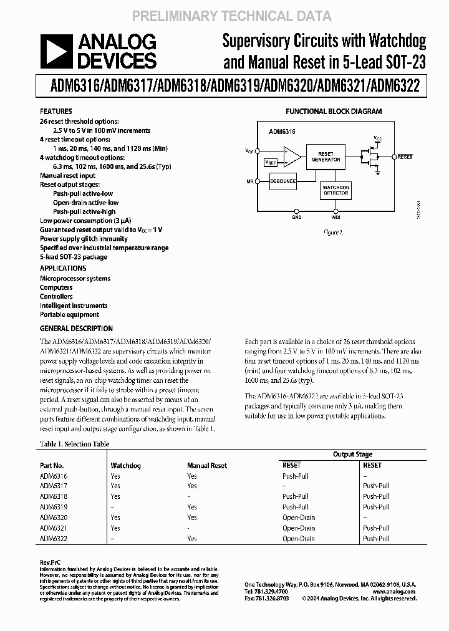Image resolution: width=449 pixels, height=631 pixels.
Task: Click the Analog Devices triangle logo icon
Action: pyautogui.click(x=56, y=51)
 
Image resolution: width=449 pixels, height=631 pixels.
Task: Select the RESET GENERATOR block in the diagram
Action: pyautogui.click(x=326, y=157)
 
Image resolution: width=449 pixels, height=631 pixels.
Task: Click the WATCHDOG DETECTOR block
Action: pyautogui.click(x=335, y=190)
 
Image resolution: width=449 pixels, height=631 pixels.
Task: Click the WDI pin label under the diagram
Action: pyautogui.click(x=336, y=218)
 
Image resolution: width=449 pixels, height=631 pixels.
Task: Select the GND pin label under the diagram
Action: pyautogui.click(x=296, y=218)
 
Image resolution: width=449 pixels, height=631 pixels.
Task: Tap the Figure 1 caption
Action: pyautogui.click(x=333, y=232)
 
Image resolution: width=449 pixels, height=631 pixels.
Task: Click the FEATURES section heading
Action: pyautogui.click(x=56, y=112)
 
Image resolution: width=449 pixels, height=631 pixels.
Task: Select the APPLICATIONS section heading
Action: pyautogui.click(x=63, y=268)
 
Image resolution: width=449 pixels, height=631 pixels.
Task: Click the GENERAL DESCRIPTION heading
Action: pyautogui.click(x=76, y=329)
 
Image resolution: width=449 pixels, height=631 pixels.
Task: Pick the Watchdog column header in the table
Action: pyautogui.click(x=125, y=465)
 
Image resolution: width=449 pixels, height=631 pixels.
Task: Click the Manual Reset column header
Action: pyautogui.click(x=207, y=465)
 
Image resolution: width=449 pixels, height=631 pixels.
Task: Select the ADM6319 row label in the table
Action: pyautogui.click(x=54, y=507)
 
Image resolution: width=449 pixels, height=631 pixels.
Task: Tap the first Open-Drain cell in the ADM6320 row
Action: pyautogui.click(x=299, y=518)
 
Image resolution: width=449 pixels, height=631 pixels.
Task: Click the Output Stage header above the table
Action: pyautogui.click(x=352, y=455)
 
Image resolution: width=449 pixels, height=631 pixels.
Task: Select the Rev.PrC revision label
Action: pyautogui.click(x=50, y=562)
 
